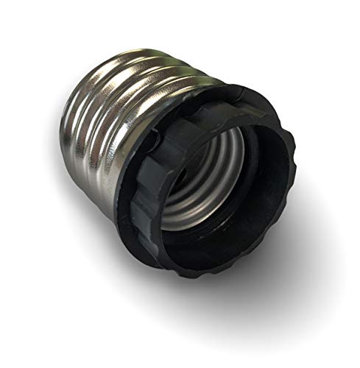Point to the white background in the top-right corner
331,29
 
